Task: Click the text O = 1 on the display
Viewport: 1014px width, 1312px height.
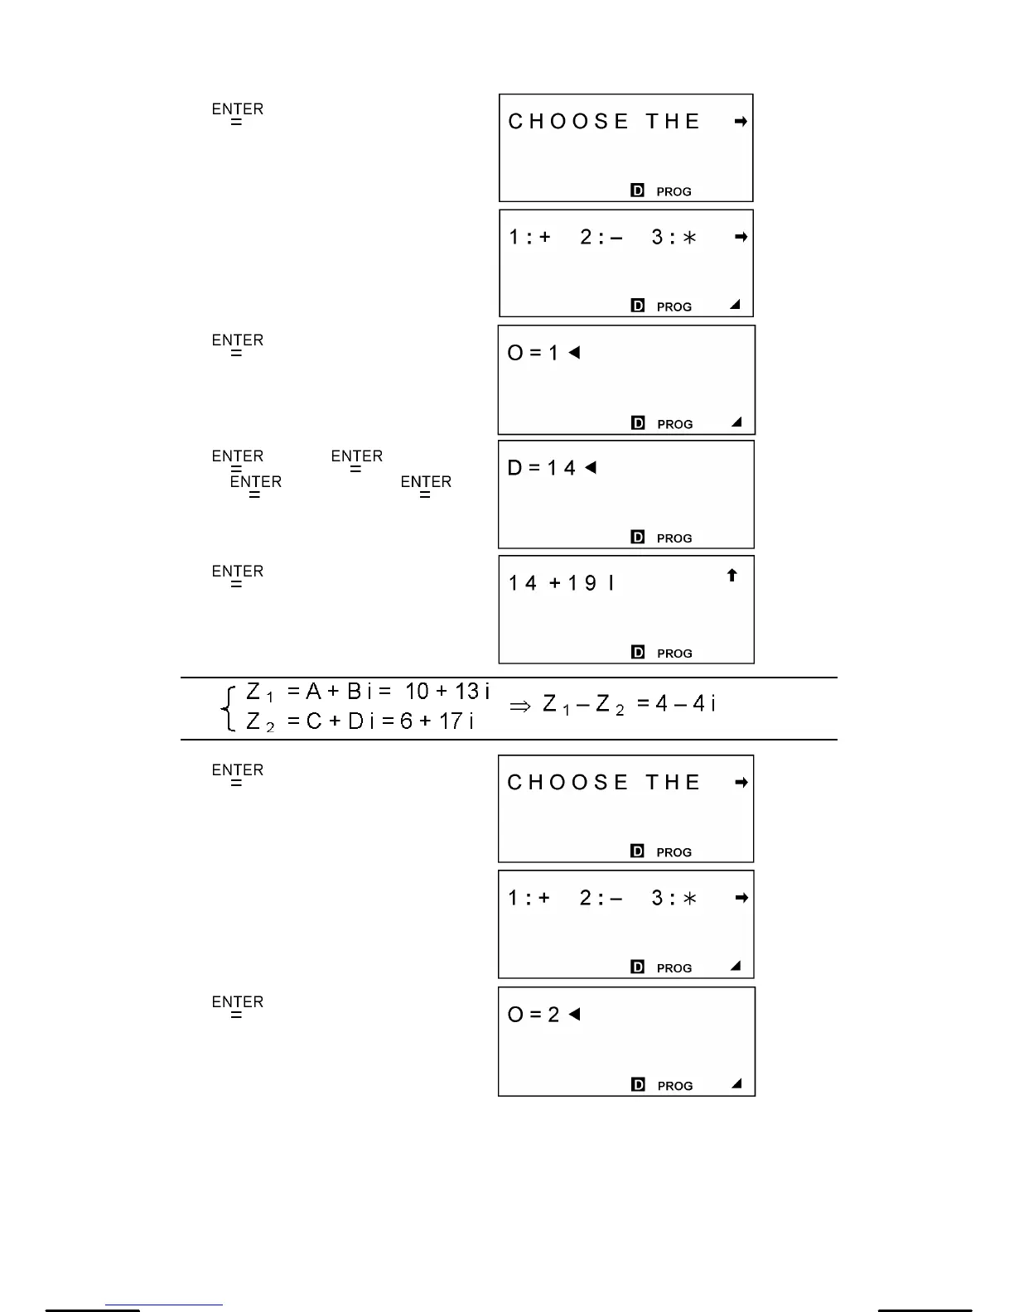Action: [533, 353]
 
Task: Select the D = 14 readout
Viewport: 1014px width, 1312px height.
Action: [541, 468]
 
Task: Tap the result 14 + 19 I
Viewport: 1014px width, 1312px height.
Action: [561, 583]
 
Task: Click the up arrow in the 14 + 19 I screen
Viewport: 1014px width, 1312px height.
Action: [732, 575]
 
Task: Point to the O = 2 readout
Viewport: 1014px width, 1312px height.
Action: [534, 1015]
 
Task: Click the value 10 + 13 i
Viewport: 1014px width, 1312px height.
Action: [447, 691]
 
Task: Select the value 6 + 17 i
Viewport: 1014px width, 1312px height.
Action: [437, 721]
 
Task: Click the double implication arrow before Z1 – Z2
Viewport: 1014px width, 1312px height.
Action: [519, 706]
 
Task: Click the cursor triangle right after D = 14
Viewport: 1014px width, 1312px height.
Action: [591, 467]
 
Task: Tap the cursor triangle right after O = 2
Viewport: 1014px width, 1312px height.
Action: [574, 1014]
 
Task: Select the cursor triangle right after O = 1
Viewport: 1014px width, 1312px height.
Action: [574, 352]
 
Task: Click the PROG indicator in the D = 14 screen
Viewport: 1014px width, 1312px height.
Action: [674, 538]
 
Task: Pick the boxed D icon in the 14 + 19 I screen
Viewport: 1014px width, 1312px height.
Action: [637, 653]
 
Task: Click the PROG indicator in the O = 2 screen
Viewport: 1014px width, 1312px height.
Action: [675, 1086]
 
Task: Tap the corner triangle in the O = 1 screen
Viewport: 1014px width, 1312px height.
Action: [736, 422]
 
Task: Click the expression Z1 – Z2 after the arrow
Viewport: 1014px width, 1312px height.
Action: [583, 705]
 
